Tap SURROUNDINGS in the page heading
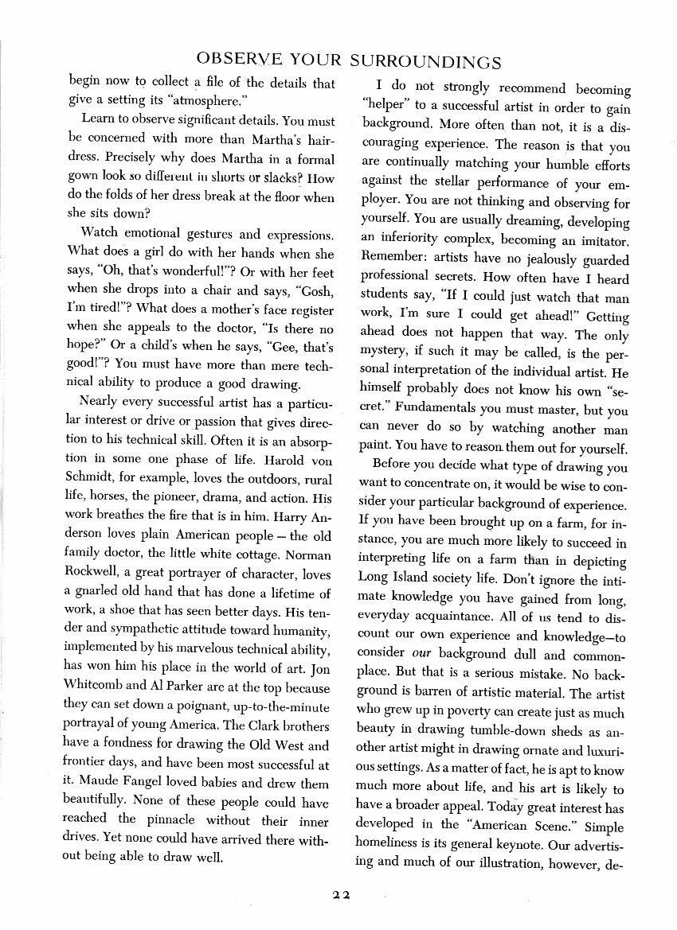(x=422, y=60)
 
